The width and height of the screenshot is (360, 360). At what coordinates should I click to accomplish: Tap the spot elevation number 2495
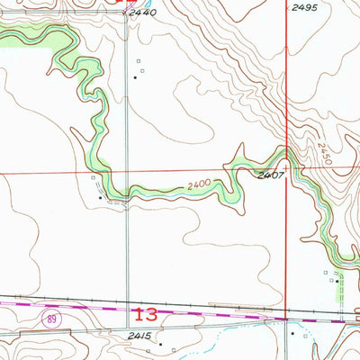pos(304,7)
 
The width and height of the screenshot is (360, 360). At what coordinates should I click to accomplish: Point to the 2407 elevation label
pos(271,175)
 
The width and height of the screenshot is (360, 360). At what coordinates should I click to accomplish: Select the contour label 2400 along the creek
pos(202,185)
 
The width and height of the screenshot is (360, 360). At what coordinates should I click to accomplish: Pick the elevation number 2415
pos(139,335)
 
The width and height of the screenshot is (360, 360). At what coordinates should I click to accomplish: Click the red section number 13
pos(145,315)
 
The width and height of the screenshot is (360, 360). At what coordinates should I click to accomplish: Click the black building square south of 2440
pos(135,77)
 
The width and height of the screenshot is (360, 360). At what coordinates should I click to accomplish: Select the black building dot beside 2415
pos(160,344)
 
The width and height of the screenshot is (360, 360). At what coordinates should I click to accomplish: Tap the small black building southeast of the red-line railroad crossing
pos(292,333)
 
